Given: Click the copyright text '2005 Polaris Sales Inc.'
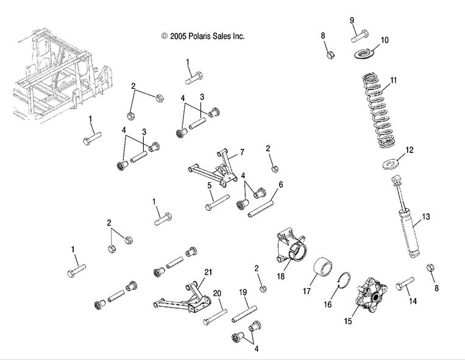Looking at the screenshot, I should tap(203, 37).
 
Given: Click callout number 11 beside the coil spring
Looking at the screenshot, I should tap(393, 80).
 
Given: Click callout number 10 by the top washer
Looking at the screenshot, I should tap(385, 41).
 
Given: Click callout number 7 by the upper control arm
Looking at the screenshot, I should tap(242, 152).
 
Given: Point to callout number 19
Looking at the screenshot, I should tap(243, 292).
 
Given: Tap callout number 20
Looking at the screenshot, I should tap(217, 294).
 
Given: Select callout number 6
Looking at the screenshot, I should tap(280, 185).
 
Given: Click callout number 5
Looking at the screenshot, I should tap(209, 186).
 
